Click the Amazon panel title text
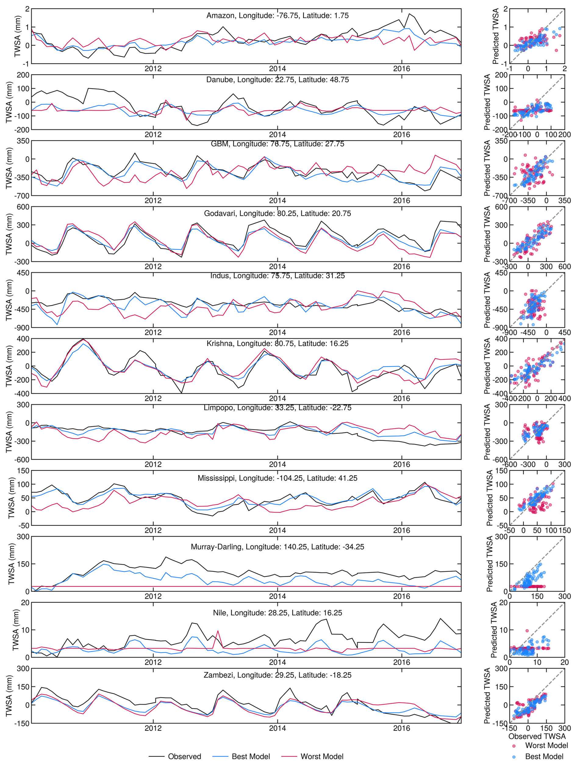point(277,16)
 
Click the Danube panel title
point(277,80)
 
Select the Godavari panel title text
point(277,213)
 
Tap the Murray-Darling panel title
point(277,547)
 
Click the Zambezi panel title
point(277,675)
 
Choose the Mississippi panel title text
point(277,478)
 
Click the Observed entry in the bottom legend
point(184,756)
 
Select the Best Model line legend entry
point(251,756)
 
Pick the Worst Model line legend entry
point(321,756)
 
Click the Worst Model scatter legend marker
point(514,746)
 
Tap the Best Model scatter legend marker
point(514,757)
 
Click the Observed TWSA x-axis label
point(536,736)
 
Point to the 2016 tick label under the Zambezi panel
point(402,728)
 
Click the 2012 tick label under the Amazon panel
point(153,69)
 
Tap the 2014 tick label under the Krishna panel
point(277,398)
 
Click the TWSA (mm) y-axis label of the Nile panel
point(16,630)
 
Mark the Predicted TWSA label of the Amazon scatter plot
point(496,36)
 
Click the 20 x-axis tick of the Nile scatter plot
point(564,662)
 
